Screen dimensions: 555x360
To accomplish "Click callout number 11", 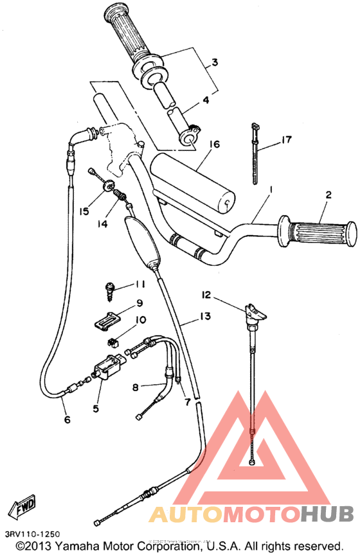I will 139,284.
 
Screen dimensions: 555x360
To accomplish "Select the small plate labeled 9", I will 107,320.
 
